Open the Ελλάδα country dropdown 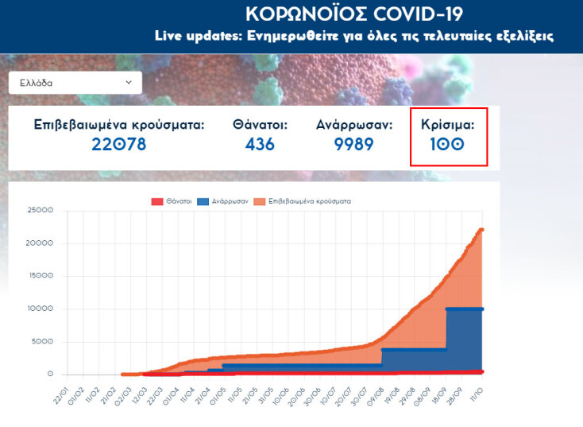point(75,82)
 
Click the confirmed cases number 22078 point(118,144)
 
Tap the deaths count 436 point(260,144)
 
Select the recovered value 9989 point(354,144)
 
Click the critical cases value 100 point(448,145)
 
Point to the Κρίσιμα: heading point(448,125)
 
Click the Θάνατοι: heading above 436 point(260,125)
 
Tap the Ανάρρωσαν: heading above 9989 point(354,125)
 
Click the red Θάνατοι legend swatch point(156,201)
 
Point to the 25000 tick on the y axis point(40,211)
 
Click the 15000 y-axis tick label point(40,276)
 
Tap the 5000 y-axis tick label point(42,342)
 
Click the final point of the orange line point(481,230)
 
